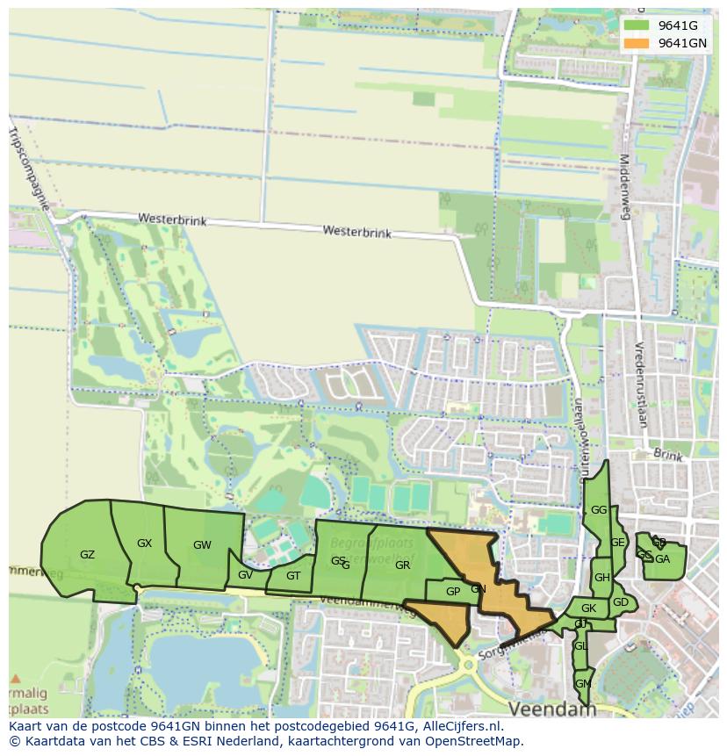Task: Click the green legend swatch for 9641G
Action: click(x=637, y=25)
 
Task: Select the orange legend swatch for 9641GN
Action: click(x=637, y=43)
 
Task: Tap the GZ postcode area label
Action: click(x=87, y=555)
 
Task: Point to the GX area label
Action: click(x=145, y=544)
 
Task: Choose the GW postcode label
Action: click(x=202, y=545)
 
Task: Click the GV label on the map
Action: click(x=245, y=575)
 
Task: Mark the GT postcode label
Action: click(x=293, y=576)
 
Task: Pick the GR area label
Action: click(x=402, y=565)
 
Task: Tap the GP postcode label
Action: click(x=453, y=592)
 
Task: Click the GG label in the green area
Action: click(x=599, y=510)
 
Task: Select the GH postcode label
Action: click(x=601, y=578)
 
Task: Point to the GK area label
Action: click(x=588, y=608)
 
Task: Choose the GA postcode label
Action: click(x=662, y=559)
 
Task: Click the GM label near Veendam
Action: click(x=582, y=683)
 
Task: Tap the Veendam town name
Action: click(x=552, y=708)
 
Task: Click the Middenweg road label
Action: click(x=625, y=185)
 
